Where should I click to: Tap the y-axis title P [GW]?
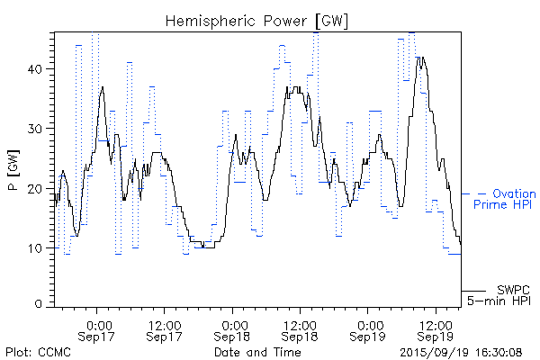(x=13, y=167)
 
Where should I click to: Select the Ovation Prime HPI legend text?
(x=508, y=199)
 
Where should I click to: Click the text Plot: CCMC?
(x=38, y=352)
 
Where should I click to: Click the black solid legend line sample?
(x=474, y=290)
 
